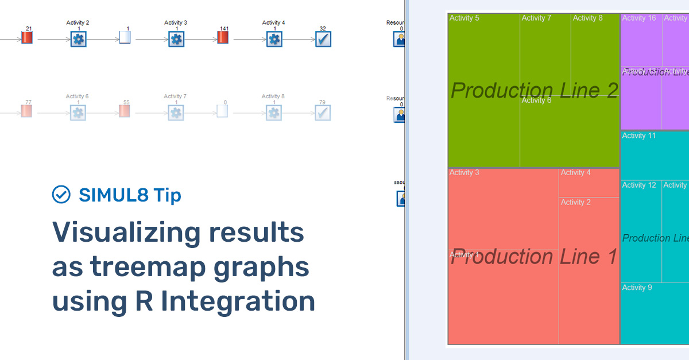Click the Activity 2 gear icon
tap(78, 39)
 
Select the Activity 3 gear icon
tap(176, 39)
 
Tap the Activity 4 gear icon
tap(274, 39)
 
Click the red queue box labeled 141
tap(223, 38)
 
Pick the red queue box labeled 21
tap(27, 38)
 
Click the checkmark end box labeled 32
tap(323, 39)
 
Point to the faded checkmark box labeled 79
tap(323, 113)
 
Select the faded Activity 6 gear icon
tap(78, 113)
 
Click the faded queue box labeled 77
tap(27, 111)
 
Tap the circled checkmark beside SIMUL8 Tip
tap(61, 195)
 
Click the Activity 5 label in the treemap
tap(465, 18)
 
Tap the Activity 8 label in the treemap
tap(588, 18)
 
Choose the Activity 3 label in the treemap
tap(465, 173)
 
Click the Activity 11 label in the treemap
tap(638, 136)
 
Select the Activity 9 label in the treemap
tap(637, 288)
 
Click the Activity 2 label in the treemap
tap(576, 203)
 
